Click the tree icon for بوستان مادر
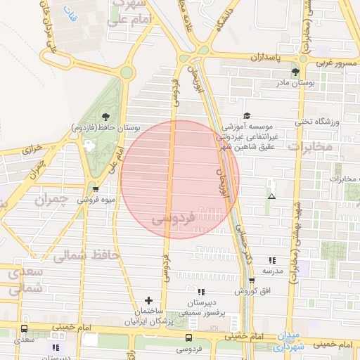coord(295,72)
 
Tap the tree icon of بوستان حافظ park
coord(105,117)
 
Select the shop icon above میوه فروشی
coord(96,188)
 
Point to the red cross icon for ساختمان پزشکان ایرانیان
coord(148,301)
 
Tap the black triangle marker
coord(272,197)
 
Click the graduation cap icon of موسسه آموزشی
coord(246,116)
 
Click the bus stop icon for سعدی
coord(25,329)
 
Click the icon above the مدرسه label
coord(272,260)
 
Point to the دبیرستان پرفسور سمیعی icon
coord(201,292)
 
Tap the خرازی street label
coord(32,149)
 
